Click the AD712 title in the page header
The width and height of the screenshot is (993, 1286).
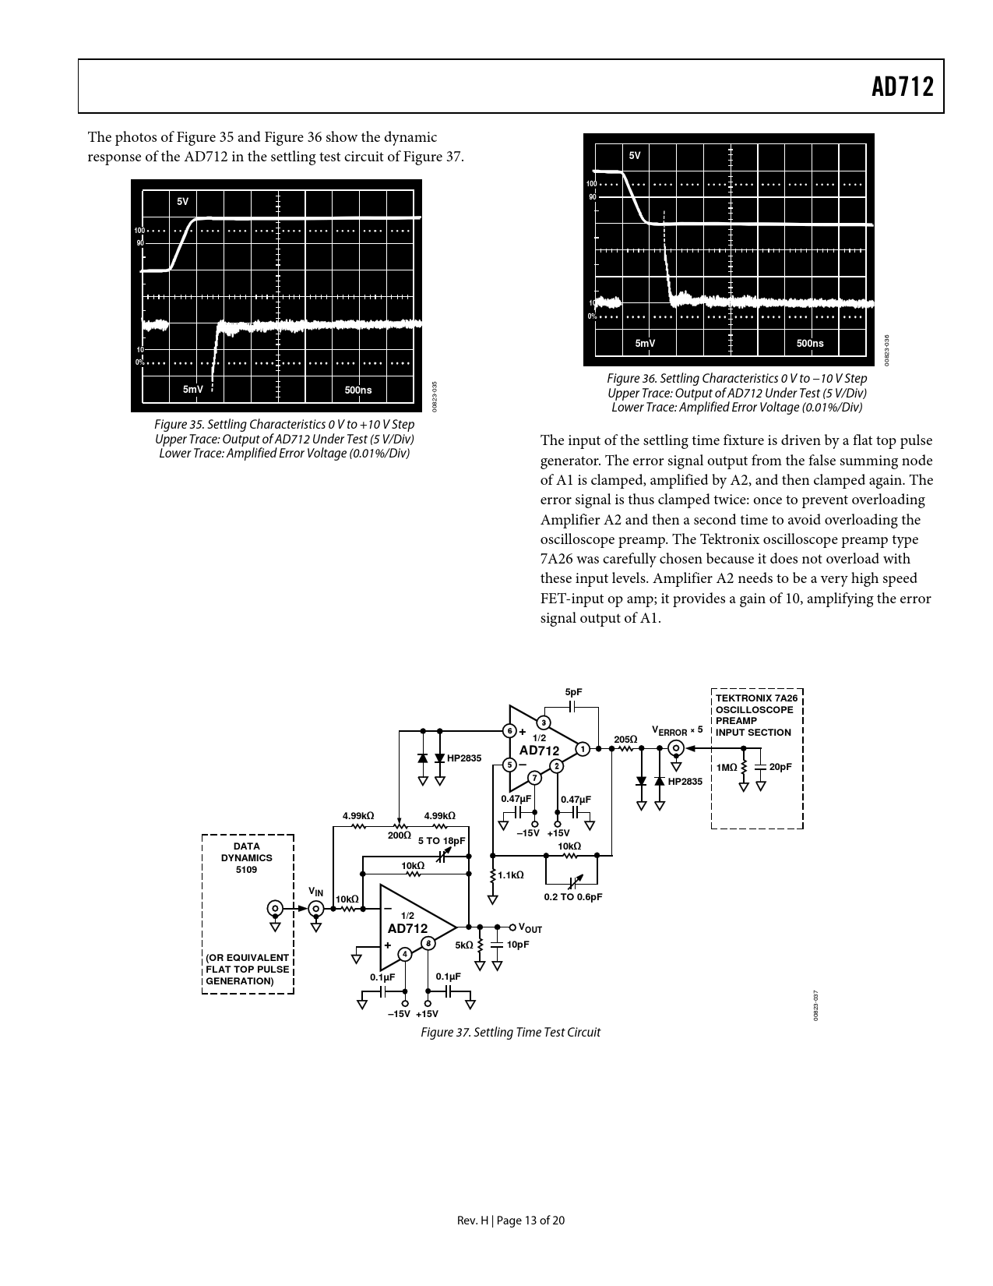tap(902, 87)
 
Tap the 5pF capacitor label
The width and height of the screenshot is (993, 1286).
tap(573, 692)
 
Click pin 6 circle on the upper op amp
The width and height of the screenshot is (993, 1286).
tap(509, 731)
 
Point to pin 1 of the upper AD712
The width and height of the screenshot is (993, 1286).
tap(582, 749)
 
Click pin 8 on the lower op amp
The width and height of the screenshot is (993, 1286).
tap(428, 943)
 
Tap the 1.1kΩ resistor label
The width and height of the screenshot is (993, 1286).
tap(511, 875)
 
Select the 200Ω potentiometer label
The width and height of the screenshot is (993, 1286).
tap(400, 835)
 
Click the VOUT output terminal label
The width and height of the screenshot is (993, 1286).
tap(530, 928)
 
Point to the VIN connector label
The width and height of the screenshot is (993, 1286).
tap(315, 892)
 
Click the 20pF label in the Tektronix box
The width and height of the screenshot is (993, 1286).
tap(780, 767)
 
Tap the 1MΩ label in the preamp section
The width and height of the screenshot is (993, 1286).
tap(727, 768)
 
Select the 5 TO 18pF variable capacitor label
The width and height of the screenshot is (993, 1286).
tap(442, 841)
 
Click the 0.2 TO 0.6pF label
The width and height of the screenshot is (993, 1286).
tap(572, 897)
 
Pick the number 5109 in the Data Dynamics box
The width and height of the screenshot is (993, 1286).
tap(246, 869)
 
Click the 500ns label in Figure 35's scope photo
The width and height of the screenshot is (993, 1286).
tap(357, 390)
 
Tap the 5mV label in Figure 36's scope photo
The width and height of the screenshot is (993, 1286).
tap(645, 343)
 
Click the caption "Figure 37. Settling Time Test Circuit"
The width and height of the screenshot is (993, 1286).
tap(510, 1032)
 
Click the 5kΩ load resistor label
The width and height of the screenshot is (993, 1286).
tap(464, 945)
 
